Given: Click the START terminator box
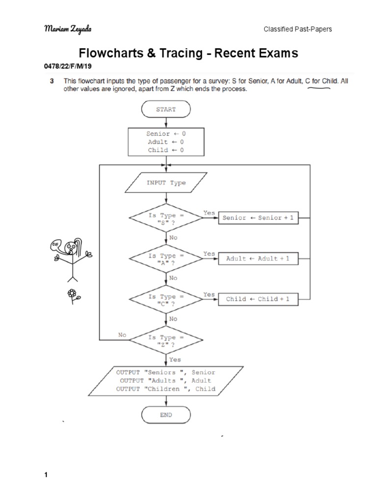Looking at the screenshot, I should click(166, 110).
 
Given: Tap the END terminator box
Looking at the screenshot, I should click(166, 415).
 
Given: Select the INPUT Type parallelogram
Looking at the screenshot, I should click(166, 183).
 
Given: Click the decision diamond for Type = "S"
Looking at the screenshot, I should click(166, 218).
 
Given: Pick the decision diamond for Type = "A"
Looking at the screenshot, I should click(166, 258).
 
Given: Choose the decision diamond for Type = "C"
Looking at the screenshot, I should click(166, 299).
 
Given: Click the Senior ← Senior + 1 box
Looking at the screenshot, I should click(258, 218).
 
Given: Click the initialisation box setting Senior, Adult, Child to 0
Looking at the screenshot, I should click(166, 141).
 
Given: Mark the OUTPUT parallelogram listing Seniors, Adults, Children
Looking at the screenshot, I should click(166, 381).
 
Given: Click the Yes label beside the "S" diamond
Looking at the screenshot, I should click(209, 213).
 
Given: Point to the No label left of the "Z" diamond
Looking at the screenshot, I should click(122, 335).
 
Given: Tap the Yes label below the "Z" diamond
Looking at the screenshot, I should click(175, 360).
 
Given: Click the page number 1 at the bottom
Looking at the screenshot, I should click(46, 475).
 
